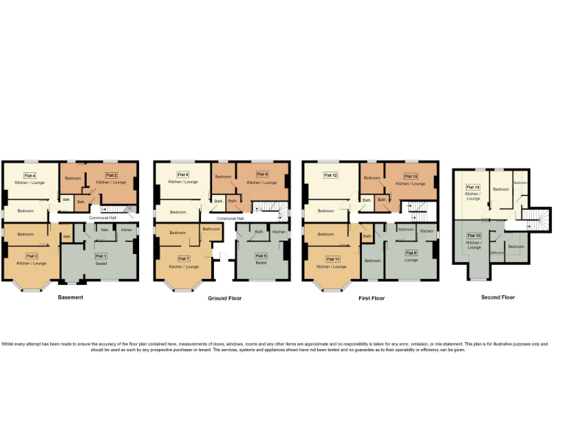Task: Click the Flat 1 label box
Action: pos(101,255)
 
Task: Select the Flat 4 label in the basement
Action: pos(30,175)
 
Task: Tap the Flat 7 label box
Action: pos(183,258)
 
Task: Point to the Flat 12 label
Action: pos(330,175)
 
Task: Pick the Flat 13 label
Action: pos(473,236)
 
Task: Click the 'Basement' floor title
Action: pos(71,297)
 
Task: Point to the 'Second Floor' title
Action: pos(498,297)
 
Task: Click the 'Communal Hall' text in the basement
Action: pos(102,218)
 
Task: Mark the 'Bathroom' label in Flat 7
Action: pos(211,229)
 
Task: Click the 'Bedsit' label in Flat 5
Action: pos(261,262)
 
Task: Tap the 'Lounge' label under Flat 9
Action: pos(411,260)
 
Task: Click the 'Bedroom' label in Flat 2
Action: pos(73,179)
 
